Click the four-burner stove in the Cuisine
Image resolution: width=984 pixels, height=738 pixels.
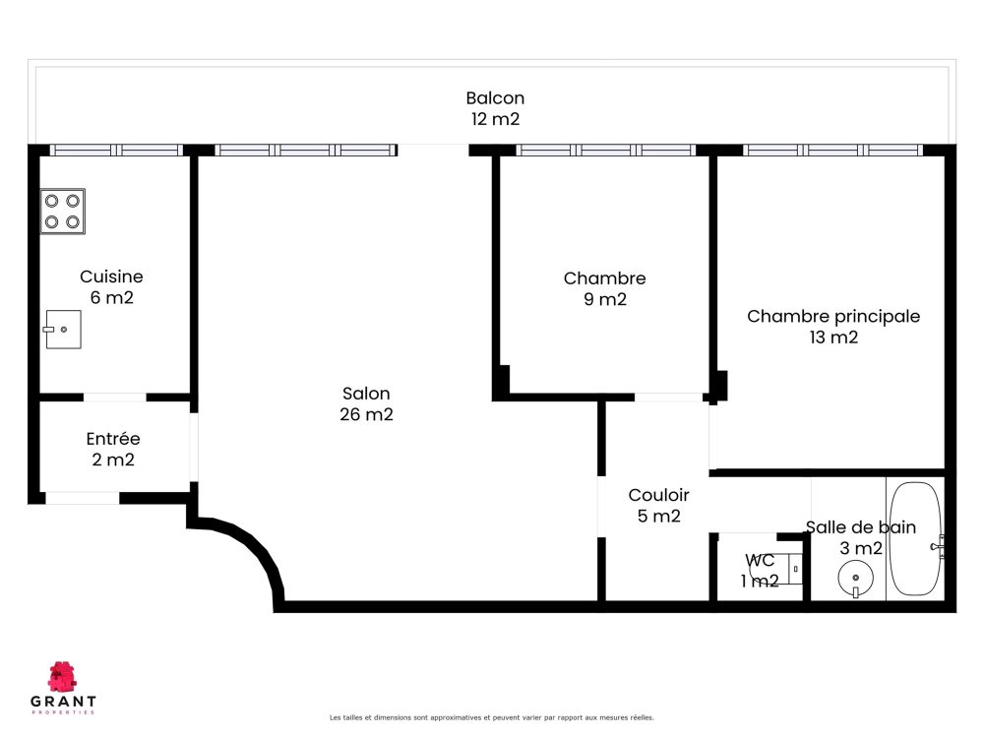[63, 212]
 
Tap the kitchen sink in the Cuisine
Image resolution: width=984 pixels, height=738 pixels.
[63, 330]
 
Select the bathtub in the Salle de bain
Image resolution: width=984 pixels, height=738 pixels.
[915, 538]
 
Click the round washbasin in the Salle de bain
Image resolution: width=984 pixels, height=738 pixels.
[855, 578]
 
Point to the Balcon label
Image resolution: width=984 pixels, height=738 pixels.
[495, 97]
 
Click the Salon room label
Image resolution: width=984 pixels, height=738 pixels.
[366, 394]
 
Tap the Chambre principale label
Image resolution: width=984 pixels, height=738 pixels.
[833, 316]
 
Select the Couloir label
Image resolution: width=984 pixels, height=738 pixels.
[659, 495]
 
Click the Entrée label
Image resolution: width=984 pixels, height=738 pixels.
[113, 439]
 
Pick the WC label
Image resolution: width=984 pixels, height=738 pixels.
[760, 560]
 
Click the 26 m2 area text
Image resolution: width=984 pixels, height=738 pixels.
[366, 414]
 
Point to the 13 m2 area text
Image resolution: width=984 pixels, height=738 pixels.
[833, 338]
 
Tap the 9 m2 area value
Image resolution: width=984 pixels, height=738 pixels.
[605, 299]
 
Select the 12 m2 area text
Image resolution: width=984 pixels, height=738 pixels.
[495, 119]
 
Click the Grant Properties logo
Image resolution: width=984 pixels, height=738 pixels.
[63, 688]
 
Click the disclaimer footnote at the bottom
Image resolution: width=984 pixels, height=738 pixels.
[491, 717]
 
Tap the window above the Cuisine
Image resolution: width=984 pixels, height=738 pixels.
[116, 150]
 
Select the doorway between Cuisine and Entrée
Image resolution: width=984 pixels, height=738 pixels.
[115, 398]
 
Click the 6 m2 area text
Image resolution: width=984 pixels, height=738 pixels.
[112, 297]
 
